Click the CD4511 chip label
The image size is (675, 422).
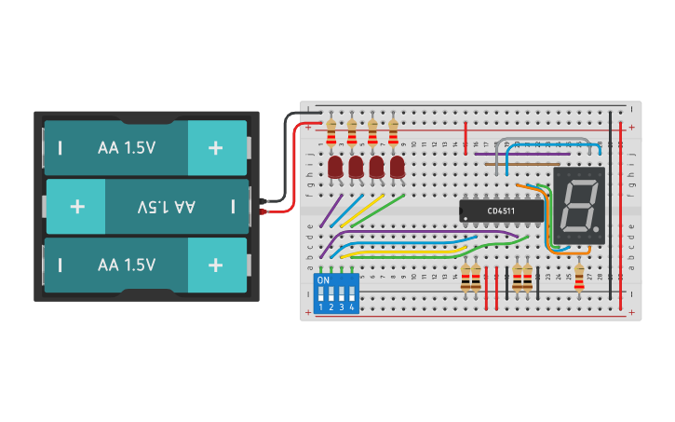click(503, 211)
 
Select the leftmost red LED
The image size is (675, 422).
click(335, 168)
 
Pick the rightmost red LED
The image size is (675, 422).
click(398, 168)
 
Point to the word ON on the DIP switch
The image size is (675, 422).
click(323, 279)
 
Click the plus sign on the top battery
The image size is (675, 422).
click(216, 147)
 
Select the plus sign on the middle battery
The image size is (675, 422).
click(76, 206)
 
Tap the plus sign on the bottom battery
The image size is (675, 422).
click(216, 265)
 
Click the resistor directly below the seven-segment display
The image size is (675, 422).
click(579, 277)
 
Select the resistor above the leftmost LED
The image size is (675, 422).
click(331, 130)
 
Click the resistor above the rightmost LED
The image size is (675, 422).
click(393, 130)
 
